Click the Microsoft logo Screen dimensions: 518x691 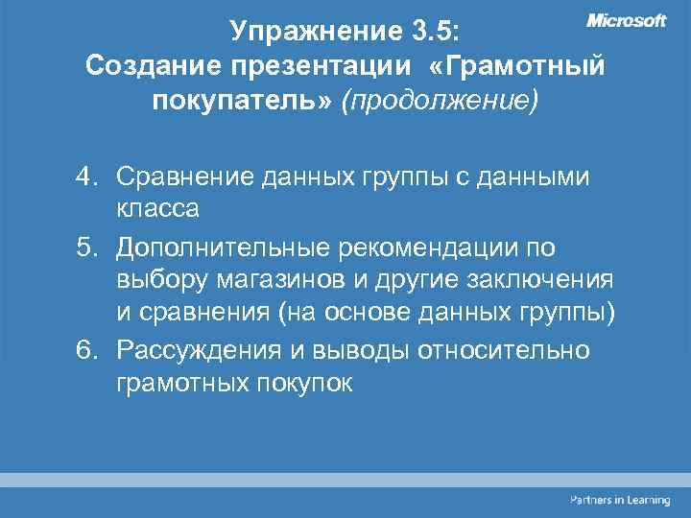coord(626,21)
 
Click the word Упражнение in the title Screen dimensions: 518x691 coord(310,32)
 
